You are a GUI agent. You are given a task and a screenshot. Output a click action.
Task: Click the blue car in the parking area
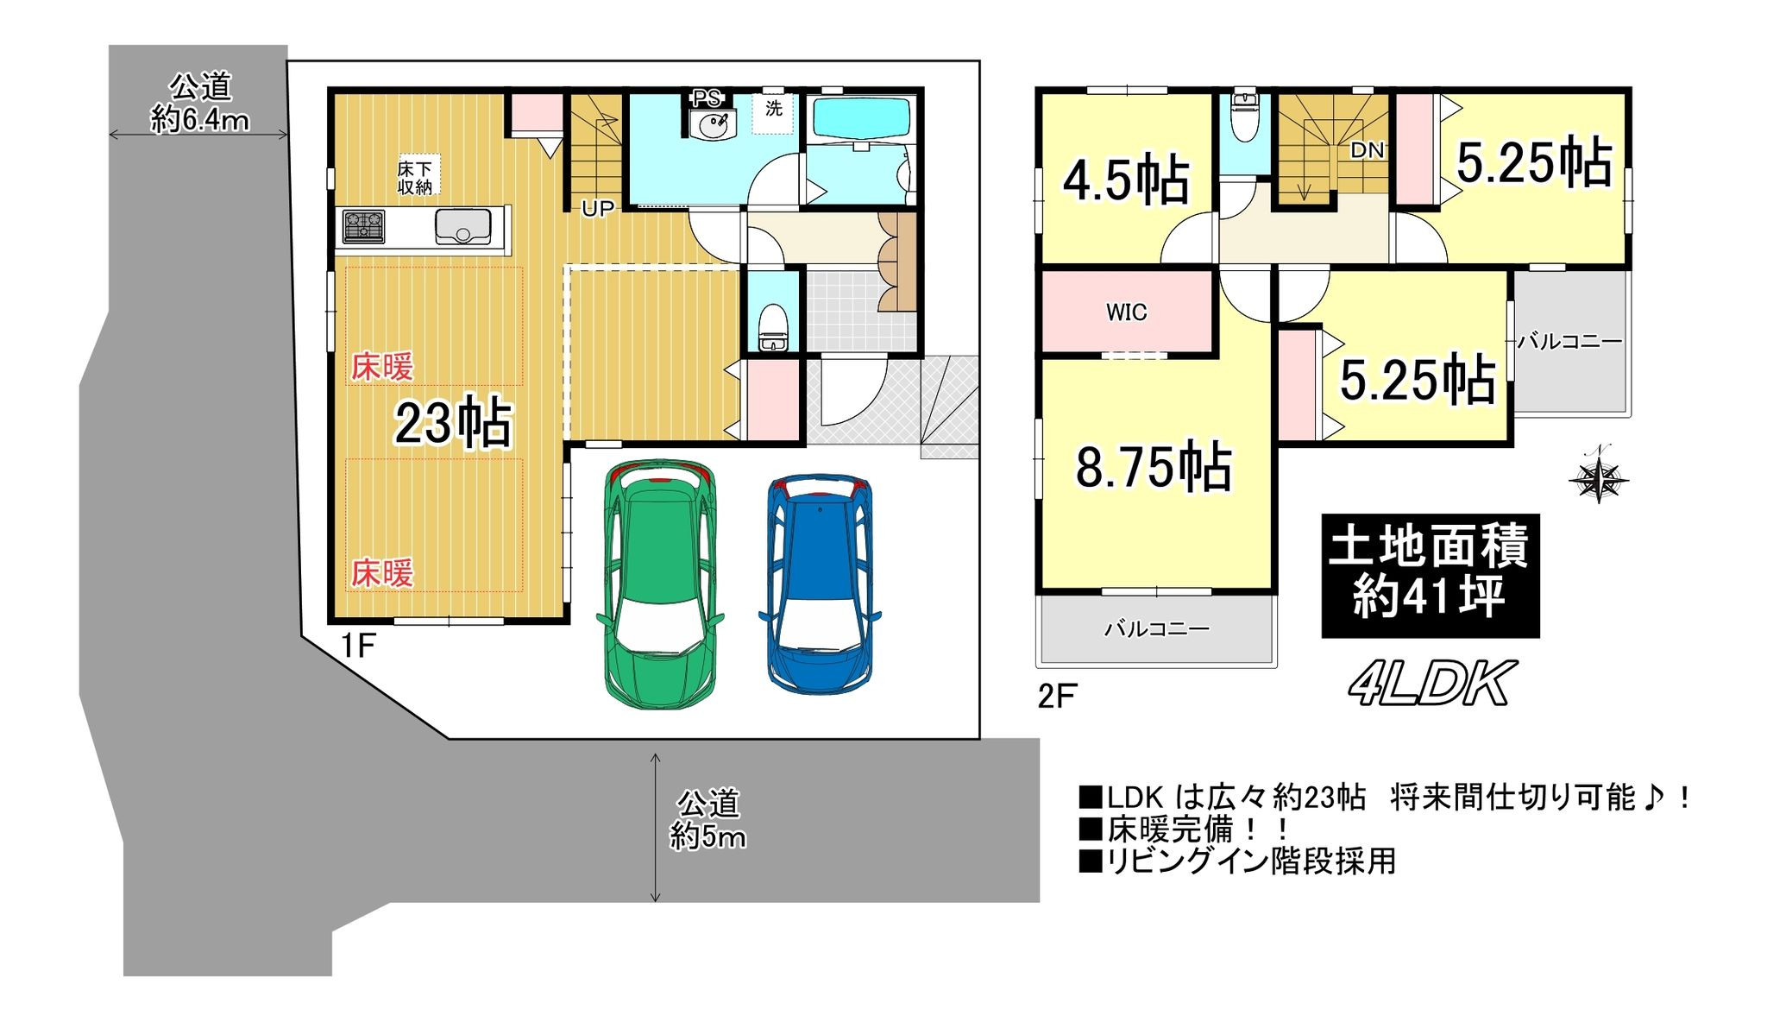[820, 584]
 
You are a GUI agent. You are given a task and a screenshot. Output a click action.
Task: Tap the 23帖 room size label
[454, 423]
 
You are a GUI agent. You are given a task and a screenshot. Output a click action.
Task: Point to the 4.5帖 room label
[1126, 180]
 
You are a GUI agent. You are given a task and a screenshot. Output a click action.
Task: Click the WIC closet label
[1127, 312]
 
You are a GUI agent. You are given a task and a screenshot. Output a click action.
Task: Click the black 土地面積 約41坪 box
[1431, 576]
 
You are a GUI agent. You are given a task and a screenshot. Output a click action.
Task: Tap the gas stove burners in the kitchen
[364, 227]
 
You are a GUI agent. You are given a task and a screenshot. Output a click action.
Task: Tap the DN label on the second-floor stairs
[1367, 150]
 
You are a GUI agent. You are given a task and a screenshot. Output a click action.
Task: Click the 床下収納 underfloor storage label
[415, 177]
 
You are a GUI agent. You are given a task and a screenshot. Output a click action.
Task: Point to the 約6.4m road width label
[200, 119]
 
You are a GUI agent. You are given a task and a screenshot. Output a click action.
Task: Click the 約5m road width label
[708, 836]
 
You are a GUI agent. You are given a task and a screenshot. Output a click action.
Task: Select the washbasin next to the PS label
[712, 124]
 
